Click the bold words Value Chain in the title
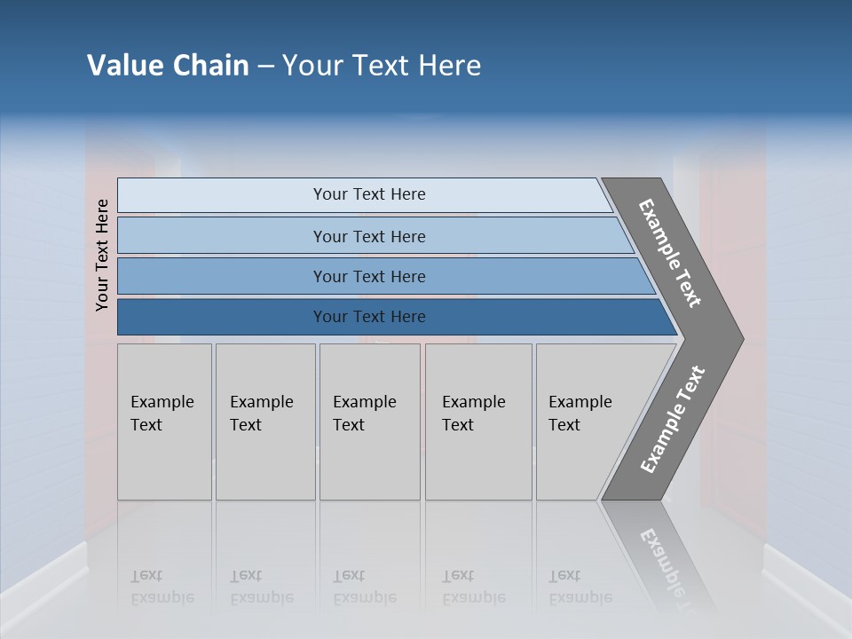(x=168, y=66)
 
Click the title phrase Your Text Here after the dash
(x=382, y=66)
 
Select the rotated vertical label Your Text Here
(x=102, y=255)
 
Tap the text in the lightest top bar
(x=369, y=194)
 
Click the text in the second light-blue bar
(x=369, y=237)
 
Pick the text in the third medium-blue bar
(x=369, y=277)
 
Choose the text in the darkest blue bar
(x=369, y=317)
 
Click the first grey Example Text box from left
(x=164, y=422)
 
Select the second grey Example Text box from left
(x=264, y=422)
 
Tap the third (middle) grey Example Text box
(x=369, y=422)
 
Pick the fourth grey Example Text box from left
(x=477, y=422)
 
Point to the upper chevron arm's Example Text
(x=670, y=253)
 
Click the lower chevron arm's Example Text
(x=673, y=420)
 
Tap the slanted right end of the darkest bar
(x=666, y=319)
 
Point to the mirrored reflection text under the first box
(x=162, y=587)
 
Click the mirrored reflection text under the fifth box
(x=580, y=587)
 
